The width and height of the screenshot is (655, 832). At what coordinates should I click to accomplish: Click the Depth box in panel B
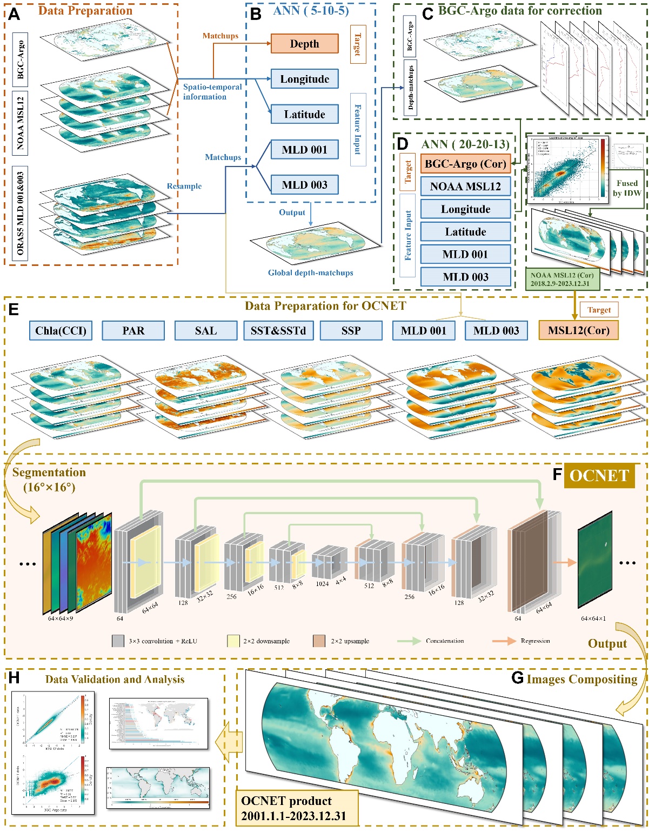click(x=304, y=44)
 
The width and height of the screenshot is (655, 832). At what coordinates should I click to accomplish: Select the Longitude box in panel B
click(x=304, y=79)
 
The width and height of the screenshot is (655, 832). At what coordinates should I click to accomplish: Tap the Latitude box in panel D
click(x=465, y=232)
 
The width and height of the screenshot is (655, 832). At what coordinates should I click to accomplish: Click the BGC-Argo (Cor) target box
click(x=465, y=164)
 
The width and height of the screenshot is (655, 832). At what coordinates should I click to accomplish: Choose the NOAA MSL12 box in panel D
click(x=465, y=187)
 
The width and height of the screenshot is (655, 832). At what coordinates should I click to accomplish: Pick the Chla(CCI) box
click(x=61, y=331)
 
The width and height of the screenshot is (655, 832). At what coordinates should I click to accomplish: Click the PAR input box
click(x=133, y=331)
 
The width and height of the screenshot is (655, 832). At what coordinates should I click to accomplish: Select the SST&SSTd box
click(x=278, y=331)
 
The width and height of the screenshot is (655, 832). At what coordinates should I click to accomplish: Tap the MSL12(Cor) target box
click(x=578, y=331)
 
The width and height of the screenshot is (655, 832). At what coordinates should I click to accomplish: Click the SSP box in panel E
click(x=351, y=331)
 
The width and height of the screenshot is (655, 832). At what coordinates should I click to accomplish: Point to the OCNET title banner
click(x=599, y=476)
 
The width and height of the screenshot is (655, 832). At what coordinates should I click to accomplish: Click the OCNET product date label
click(x=297, y=808)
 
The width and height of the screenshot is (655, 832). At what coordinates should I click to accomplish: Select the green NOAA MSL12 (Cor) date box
click(x=562, y=279)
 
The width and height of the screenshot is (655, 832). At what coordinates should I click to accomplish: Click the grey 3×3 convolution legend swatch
click(x=118, y=641)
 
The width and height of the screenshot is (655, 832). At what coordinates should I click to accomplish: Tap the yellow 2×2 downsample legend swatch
click(x=233, y=641)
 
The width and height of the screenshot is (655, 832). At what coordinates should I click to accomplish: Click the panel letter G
click(x=517, y=678)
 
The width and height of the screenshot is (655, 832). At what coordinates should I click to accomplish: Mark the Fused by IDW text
click(x=627, y=188)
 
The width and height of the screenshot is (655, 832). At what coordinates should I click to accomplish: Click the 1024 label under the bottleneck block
click(x=322, y=584)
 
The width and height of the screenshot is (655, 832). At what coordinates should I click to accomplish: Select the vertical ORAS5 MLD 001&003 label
click(x=21, y=214)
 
